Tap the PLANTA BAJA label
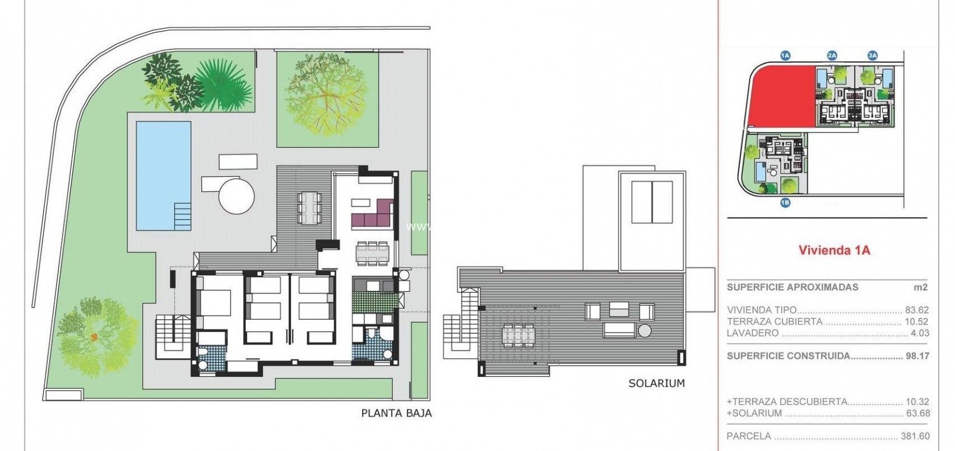click(x=396, y=413)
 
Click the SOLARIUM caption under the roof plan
click(x=656, y=383)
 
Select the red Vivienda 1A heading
click(x=834, y=250)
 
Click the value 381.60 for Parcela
click(x=915, y=436)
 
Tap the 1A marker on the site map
click(x=785, y=55)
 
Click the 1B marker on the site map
click(x=785, y=203)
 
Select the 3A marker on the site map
click(x=872, y=55)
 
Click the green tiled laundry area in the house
click(x=375, y=301)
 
